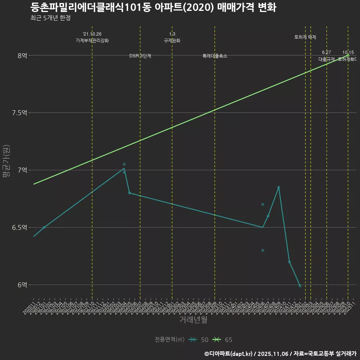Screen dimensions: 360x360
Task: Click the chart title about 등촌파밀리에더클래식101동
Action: click(x=153, y=7)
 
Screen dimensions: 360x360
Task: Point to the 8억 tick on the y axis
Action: click(x=22, y=55)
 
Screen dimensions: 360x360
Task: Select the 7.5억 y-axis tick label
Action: click(x=20, y=113)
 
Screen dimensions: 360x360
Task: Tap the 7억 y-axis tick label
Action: click(x=22, y=170)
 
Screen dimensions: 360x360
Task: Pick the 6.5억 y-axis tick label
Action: click(x=20, y=228)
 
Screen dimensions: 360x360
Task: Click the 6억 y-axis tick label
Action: click(x=22, y=285)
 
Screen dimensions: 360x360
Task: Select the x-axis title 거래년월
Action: click(x=193, y=320)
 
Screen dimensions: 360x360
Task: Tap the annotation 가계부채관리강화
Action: click(x=92, y=40)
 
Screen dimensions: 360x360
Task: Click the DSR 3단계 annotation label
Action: click(x=140, y=56)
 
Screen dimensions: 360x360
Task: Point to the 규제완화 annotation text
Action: click(x=172, y=40)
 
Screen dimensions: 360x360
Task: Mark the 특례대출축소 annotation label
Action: click(x=215, y=56)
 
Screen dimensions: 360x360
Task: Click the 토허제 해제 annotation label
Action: click(x=305, y=37)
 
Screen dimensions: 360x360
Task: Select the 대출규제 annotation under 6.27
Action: click(x=327, y=59)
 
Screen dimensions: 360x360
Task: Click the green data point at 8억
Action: click(x=348, y=55)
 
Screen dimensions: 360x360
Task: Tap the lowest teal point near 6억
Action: click(x=300, y=286)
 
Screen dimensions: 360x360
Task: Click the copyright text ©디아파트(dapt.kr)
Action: click(x=229, y=354)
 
